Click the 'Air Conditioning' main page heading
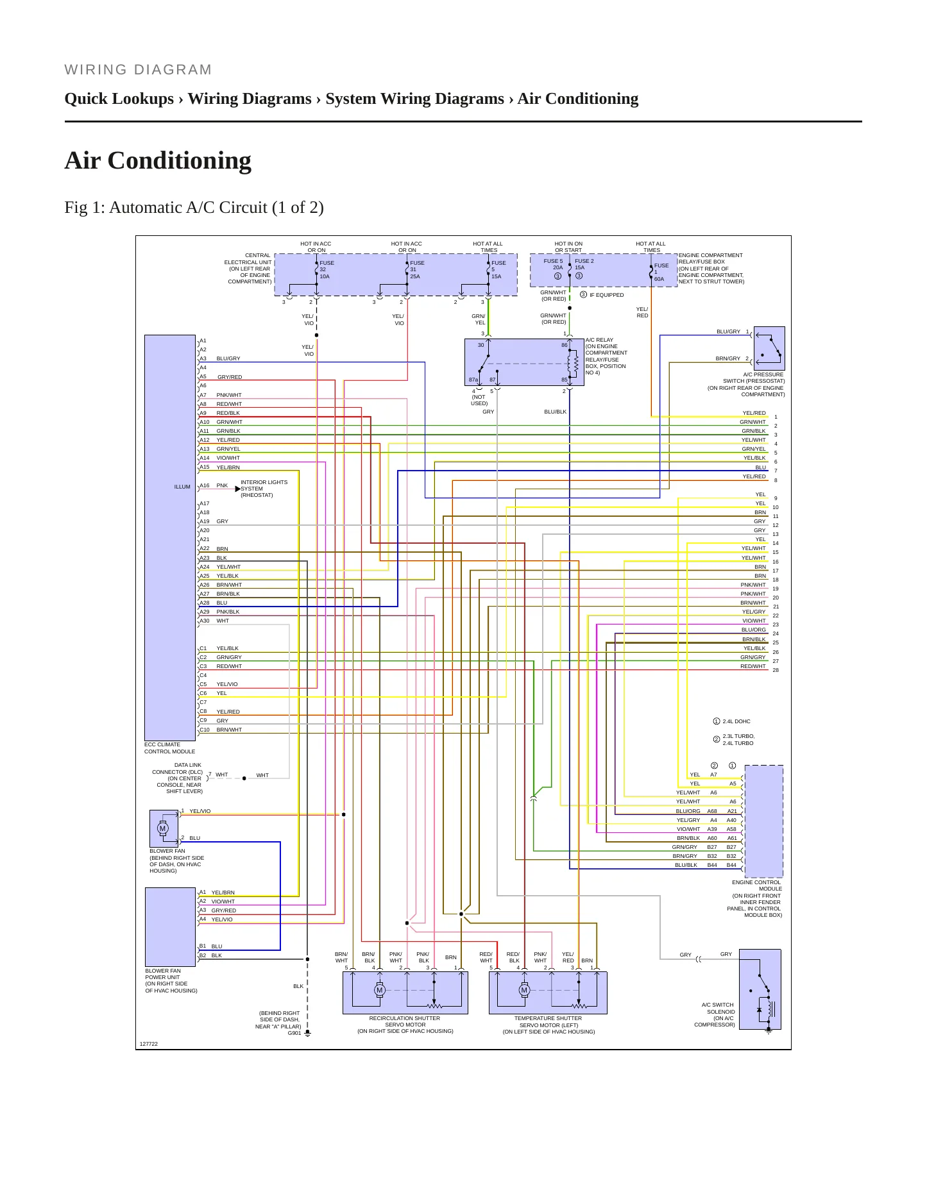pos(158,160)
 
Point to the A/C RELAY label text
pos(599,340)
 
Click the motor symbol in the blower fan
pos(162,828)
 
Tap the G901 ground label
pos(294,1033)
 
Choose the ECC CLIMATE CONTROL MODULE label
pos(170,748)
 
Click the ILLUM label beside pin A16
pos(182,487)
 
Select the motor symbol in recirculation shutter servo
pos(379,990)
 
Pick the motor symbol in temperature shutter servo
pos(524,990)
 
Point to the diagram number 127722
pos(149,1044)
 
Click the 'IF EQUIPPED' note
pos(607,295)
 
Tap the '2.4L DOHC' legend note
pos(736,721)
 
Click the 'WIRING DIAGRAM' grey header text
pos(138,70)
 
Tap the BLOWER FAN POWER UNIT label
pos(163,974)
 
